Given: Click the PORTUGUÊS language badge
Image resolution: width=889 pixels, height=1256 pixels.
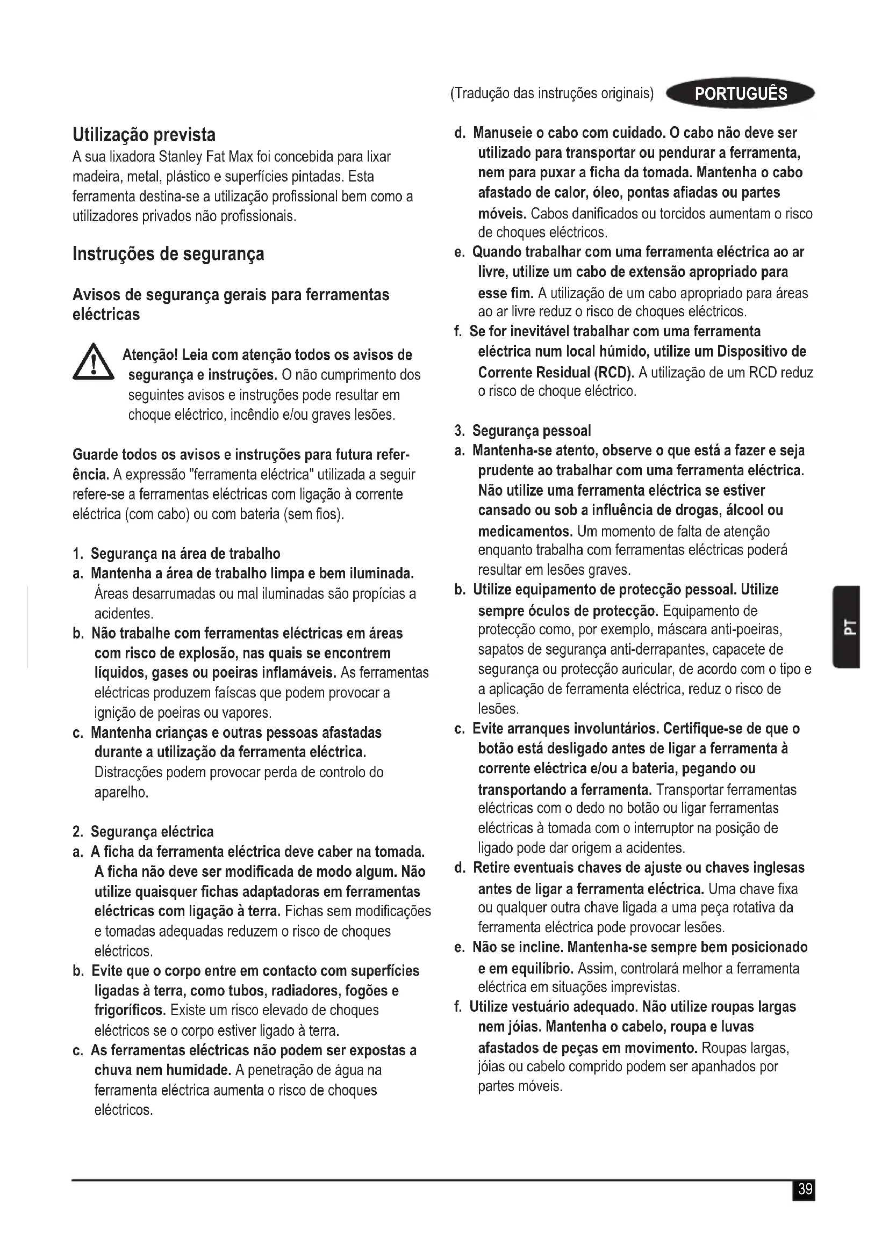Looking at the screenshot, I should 740,93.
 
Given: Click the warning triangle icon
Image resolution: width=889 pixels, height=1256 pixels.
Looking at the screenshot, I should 93,362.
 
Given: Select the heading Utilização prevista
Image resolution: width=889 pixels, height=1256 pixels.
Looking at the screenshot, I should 144,135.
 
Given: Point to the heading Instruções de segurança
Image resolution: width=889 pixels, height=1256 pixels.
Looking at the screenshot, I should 168,254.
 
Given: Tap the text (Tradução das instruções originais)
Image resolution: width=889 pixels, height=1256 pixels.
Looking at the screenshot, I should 552,93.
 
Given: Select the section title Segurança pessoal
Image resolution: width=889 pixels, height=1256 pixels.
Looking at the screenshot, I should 532,431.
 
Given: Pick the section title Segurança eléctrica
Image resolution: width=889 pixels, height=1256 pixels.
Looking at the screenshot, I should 152,832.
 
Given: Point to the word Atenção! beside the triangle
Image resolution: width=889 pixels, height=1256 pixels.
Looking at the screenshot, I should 149,355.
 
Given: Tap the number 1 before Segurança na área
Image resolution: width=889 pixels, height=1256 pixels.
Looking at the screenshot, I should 77,554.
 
